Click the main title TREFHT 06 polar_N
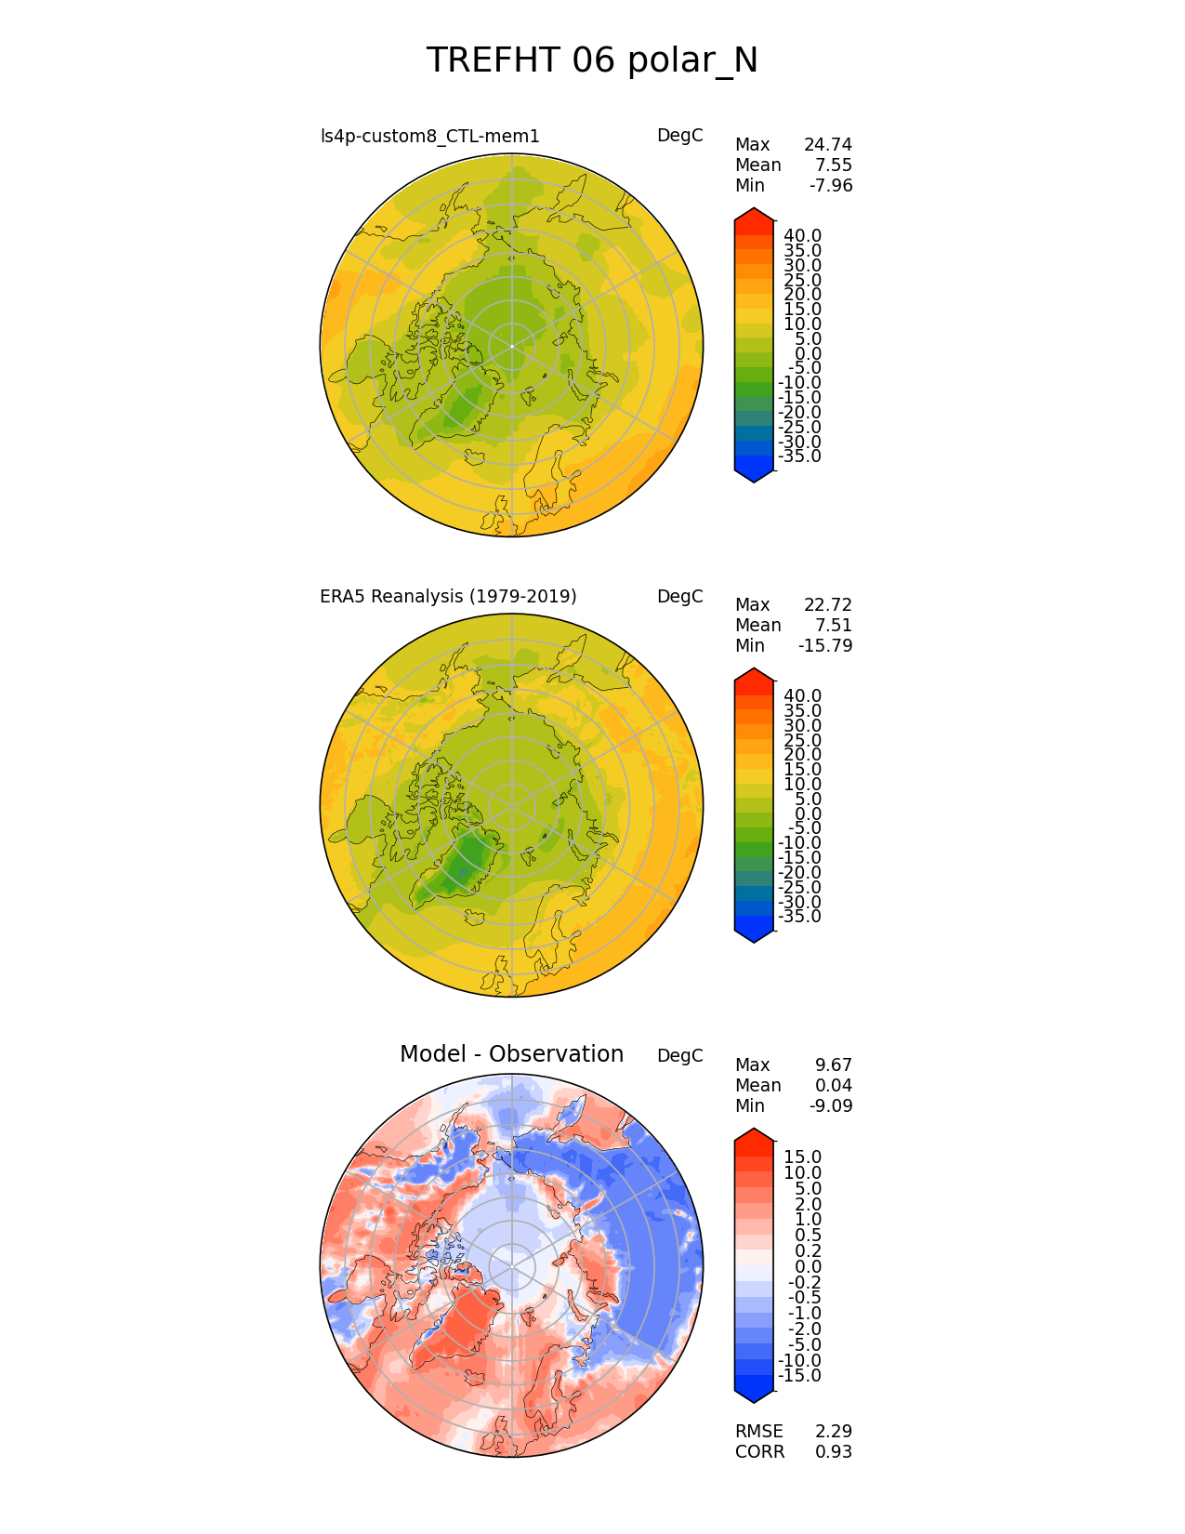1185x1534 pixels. pyautogui.click(x=592, y=61)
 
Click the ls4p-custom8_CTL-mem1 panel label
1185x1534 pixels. pyautogui.click(x=429, y=137)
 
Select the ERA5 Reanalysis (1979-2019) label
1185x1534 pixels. pyautogui.click(x=448, y=597)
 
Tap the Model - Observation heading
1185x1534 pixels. pyautogui.click(x=511, y=1054)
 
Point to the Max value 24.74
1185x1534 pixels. pyautogui.click(x=827, y=145)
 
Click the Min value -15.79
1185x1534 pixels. pyautogui.click(x=825, y=646)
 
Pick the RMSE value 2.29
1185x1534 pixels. pyautogui.click(x=834, y=1432)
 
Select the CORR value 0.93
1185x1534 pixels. pyautogui.click(x=834, y=1452)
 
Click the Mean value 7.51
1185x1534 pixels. pyautogui.click(x=834, y=626)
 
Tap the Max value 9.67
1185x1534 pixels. pyautogui.click(x=834, y=1065)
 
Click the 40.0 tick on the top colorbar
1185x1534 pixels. pyautogui.click(x=802, y=236)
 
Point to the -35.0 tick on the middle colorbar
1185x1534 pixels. pyautogui.click(x=799, y=917)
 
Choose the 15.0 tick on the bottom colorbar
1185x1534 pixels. pyautogui.click(x=802, y=1157)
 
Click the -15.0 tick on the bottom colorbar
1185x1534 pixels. pyautogui.click(x=799, y=1376)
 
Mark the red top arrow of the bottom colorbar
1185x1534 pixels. pyautogui.click(x=754, y=1139)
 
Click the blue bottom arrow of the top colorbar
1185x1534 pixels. pyautogui.click(x=754, y=473)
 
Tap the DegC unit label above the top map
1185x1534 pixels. pyautogui.click(x=679, y=136)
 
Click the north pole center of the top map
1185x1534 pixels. pyautogui.click(x=511, y=346)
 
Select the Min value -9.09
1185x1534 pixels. pyautogui.click(x=830, y=1106)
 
